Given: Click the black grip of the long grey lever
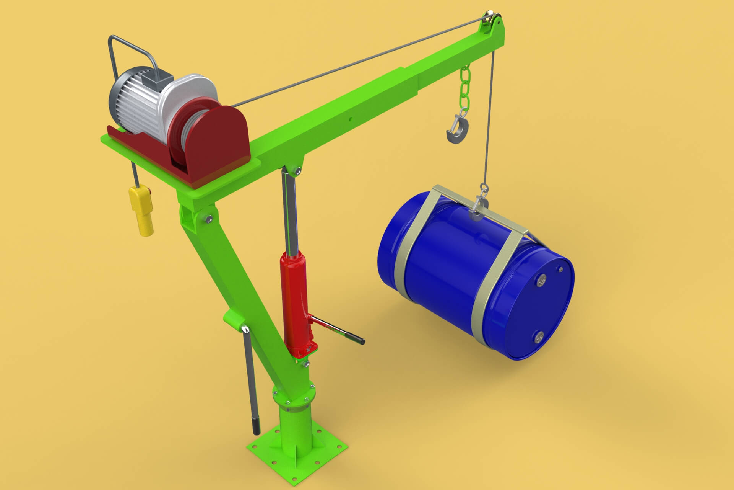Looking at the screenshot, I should pos(256,425).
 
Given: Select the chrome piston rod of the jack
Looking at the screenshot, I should pos(289,211).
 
